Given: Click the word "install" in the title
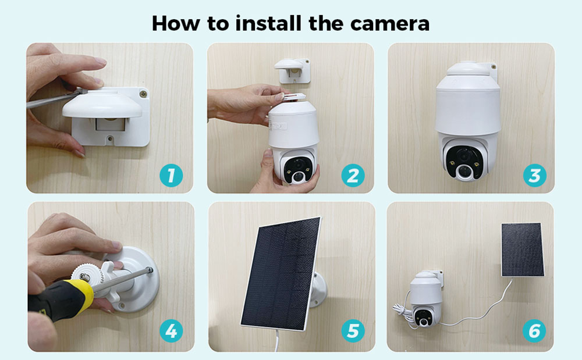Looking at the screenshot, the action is click(x=268, y=23).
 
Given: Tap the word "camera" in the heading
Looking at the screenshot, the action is click(x=389, y=24).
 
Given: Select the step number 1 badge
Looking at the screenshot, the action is click(x=171, y=176).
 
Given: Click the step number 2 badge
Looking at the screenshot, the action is click(x=353, y=176).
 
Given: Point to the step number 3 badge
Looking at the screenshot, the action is click(x=534, y=176).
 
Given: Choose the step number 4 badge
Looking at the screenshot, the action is click(x=171, y=331).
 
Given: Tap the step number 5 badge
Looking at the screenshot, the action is click(x=353, y=331).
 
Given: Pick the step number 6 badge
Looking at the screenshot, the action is click(x=534, y=331).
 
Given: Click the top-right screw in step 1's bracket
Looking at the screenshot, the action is click(x=143, y=94).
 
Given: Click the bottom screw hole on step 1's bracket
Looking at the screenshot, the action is click(x=109, y=139).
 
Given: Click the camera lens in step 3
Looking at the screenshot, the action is click(x=464, y=171).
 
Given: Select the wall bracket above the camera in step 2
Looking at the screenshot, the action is click(x=293, y=70).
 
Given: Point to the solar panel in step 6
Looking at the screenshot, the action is click(x=522, y=249).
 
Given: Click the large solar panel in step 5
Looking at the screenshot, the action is click(x=281, y=273).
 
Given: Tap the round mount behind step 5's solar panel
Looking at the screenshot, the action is click(x=318, y=290).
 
